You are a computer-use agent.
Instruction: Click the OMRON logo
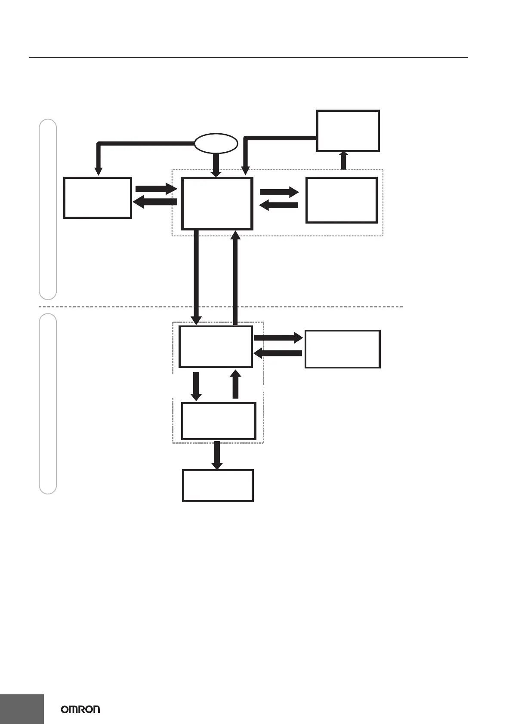tap(80, 709)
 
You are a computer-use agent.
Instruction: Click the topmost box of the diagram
tap(348, 131)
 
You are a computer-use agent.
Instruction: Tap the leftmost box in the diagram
tap(97, 197)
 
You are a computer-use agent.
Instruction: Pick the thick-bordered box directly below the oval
tap(216, 203)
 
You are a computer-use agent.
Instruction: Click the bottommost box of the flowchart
tap(218, 485)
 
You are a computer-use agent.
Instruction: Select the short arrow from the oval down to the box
tap(216, 165)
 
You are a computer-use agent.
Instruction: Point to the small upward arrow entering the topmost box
tap(343, 160)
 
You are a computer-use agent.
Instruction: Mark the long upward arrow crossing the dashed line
tap(235, 277)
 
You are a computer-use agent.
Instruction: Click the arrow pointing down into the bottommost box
tap(217, 455)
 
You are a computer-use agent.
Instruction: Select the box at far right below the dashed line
tap(342, 349)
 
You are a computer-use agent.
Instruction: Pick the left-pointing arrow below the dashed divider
tap(278, 353)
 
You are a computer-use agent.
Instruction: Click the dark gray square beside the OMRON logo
tap(22, 709)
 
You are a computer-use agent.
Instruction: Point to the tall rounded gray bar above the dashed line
tap(48, 209)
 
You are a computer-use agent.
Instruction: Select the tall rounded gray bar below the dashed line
tap(48, 404)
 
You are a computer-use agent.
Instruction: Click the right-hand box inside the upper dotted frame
tap(342, 200)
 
